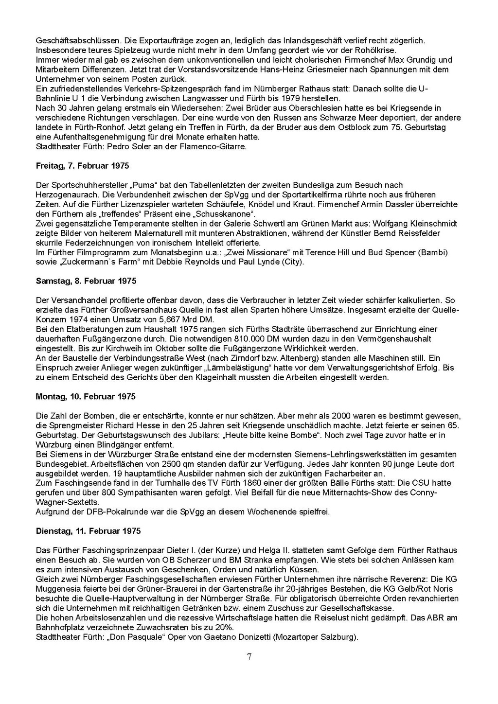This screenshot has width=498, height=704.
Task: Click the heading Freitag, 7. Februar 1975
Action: (x=83, y=166)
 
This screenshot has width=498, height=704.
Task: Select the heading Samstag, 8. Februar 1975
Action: (x=86, y=281)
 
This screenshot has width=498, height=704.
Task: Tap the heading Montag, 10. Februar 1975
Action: (x=86, y=397)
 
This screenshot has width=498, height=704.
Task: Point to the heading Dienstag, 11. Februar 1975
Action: (x=88, y=531)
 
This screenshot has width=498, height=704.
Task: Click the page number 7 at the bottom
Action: (x=249, y=657)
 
